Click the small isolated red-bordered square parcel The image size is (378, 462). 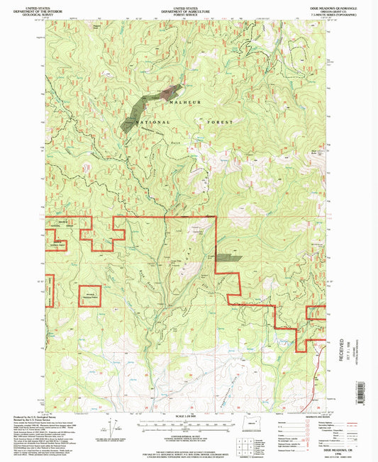point(90,294)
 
